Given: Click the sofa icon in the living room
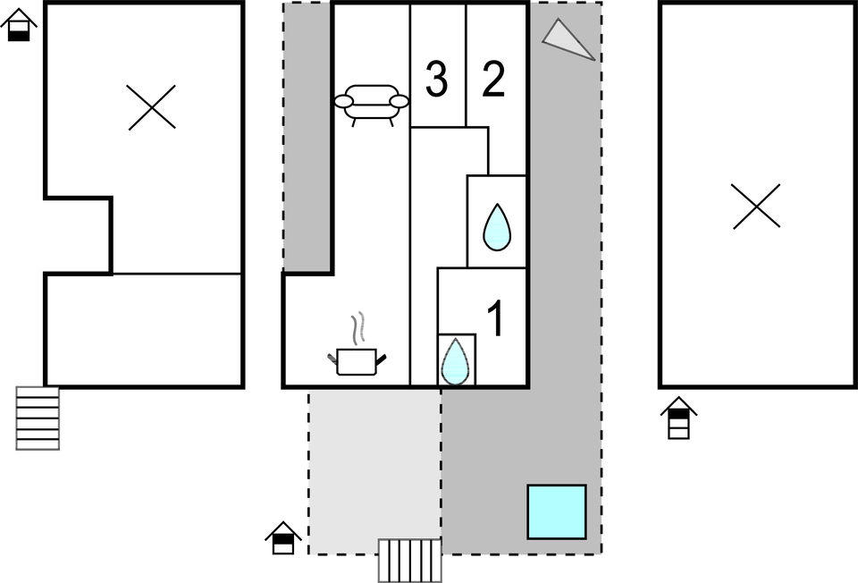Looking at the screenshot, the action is (372, 105).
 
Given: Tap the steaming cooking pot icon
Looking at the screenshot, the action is (357, 362).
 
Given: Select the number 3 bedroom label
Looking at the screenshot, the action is (436, 80).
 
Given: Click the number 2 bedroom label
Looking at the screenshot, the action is (493, 80).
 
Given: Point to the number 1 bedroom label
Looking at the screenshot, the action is (495, 318).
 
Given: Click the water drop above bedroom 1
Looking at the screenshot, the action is (497, 228).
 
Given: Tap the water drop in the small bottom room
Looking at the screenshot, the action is (455, 361).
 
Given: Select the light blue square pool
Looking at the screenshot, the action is (557, 511).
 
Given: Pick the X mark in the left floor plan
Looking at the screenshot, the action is (152, 107).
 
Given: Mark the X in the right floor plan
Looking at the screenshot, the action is (756, 206).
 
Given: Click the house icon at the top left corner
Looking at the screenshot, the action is (19, 25).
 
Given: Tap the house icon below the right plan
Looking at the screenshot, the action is (678, 418).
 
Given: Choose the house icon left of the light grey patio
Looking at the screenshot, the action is (283, 537).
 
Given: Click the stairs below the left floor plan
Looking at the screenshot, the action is (38, 418).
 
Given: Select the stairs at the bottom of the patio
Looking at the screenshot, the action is (410, 561).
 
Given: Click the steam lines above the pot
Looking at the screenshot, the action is (357, 328).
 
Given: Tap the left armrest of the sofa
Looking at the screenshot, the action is (344, 101).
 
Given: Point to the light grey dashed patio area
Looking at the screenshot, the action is (374, 470).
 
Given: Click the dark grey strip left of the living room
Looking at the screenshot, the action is (307, 137).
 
